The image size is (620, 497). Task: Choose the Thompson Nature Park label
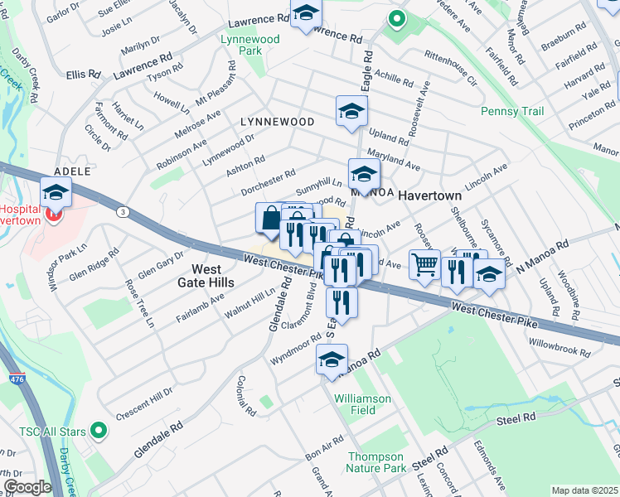tap(376, 462)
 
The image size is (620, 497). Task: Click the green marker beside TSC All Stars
tap(99, 430)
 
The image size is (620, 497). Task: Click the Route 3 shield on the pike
tap(123, 212)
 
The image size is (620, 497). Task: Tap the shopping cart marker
tap(425, 266)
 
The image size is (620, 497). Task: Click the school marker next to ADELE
tap(56, 193)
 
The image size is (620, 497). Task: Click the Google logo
tap(27, 487)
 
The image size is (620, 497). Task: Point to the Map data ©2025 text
tap(584, 490)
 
